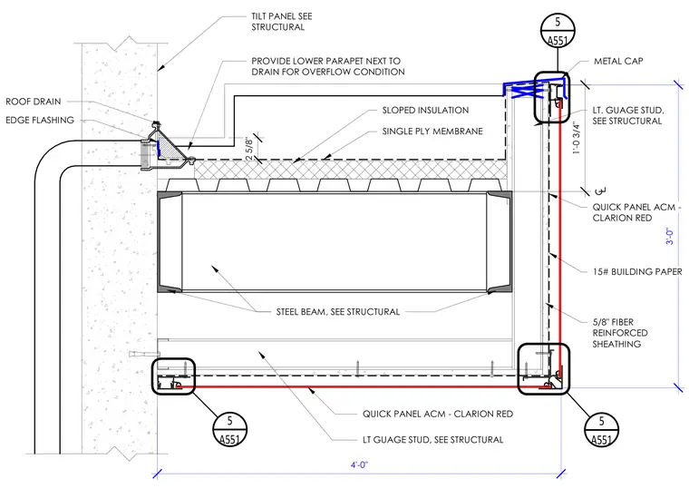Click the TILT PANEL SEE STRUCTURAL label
tap(282, 22)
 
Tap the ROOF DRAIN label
tap(33, 102)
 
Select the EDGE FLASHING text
tap(40, 120)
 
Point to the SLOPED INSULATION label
tap(425, 110)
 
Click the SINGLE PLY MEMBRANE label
tap(432, 131)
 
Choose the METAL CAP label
tap(618, 61)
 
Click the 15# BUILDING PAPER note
tap(637, 271)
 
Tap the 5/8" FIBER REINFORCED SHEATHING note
tap(620, 333)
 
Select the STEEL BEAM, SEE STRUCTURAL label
tap(338, 312)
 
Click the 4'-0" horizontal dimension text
tap(359, 464)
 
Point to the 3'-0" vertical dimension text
tap(669, 236)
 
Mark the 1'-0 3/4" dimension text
tap(576, 138)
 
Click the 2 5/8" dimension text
tap(249, 149)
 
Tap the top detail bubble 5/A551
tap(558, 30)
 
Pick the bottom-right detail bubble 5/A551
tap(602, 430)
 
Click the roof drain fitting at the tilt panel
tap(166, 147)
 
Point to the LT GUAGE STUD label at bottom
tap(432, 440)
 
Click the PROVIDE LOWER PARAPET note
tap(328, 66)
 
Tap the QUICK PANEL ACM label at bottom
tap(438, 414)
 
